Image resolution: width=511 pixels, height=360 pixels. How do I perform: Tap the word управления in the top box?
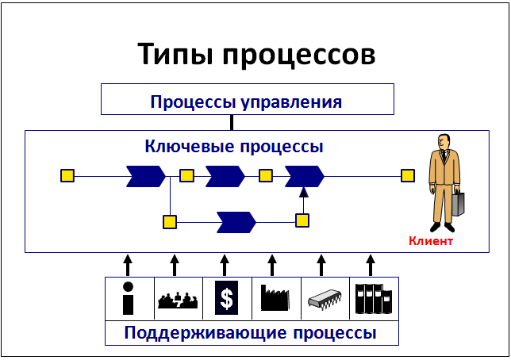[x=293, y=102]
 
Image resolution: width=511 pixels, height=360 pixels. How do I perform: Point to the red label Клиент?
[x=431, y=241]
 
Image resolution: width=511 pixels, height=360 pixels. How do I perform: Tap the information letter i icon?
[x=129, y=298]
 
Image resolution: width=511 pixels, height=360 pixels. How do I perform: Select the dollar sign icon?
[x=227, y=298]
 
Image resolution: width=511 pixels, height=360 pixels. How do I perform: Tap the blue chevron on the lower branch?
[x=236, y=221]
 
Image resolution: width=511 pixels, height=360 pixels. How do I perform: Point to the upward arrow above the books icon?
[x=370, y=264]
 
